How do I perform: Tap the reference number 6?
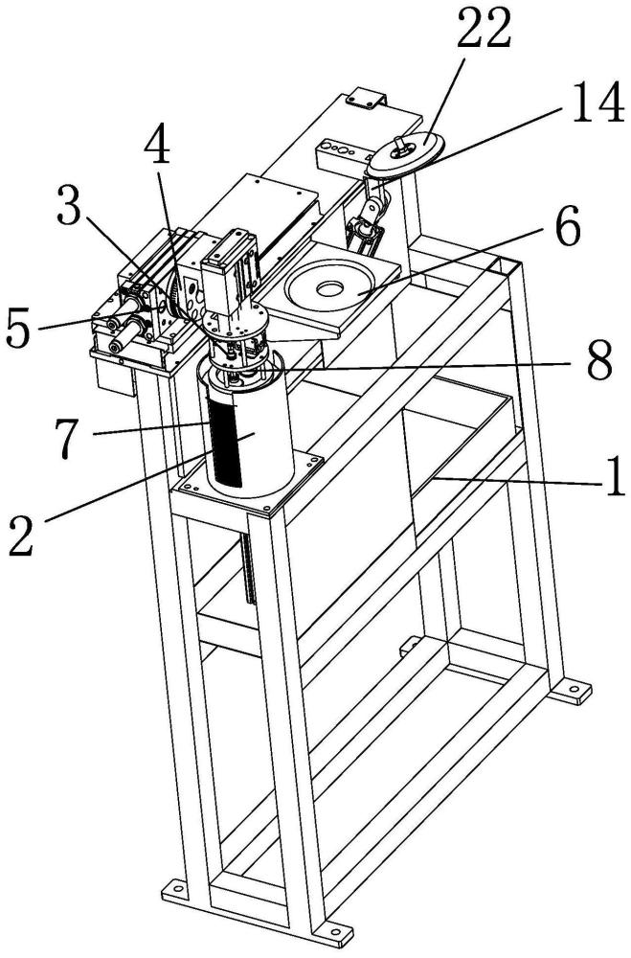566,230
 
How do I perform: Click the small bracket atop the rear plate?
365,96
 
